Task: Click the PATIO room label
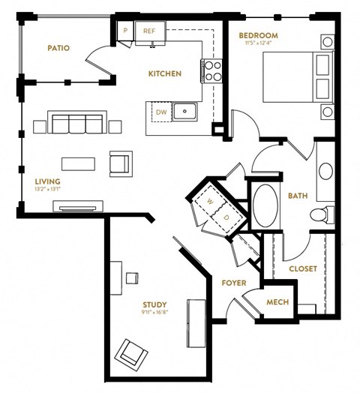(58, 48)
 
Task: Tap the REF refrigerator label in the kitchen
(149, 31)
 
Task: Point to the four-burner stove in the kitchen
(211, 71)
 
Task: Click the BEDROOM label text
(259, 35)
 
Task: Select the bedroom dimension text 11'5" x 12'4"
(259, 43)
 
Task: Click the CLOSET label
(303, 268)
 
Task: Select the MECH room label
(277, 302)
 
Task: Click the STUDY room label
(154, 304)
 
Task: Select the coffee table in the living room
(79, 163)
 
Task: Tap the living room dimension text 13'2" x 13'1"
(46, 190)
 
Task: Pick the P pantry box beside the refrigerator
(126, 31)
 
